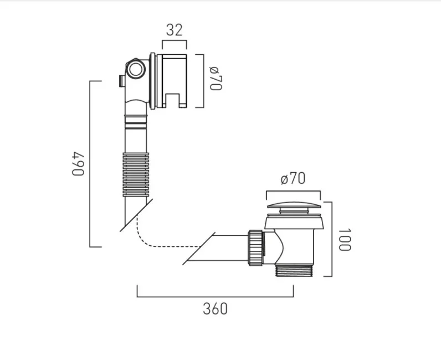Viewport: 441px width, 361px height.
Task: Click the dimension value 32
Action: point(174,30)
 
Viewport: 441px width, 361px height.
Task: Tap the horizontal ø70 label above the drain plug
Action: point(293,178)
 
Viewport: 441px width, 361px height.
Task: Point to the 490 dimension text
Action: point(79,163)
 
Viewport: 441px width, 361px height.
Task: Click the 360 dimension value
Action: point(215,308)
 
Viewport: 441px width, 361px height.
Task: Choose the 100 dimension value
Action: point(345,239)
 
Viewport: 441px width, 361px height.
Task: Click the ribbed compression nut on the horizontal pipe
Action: point(255,247)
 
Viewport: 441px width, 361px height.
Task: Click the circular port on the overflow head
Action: point(136,70)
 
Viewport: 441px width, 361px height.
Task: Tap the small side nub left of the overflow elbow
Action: point(120,81)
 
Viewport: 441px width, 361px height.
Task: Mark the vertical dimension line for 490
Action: point(90,163)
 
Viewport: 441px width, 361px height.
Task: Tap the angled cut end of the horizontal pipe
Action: point(198,247)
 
